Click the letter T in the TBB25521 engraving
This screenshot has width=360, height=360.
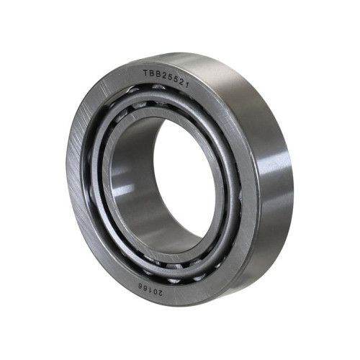click(x=145, y=73)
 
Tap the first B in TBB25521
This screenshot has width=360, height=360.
click(x=151, y=73)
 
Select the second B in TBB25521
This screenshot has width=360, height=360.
click(x=157, y=74)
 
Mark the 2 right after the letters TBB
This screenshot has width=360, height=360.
click(x=163, y=76)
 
